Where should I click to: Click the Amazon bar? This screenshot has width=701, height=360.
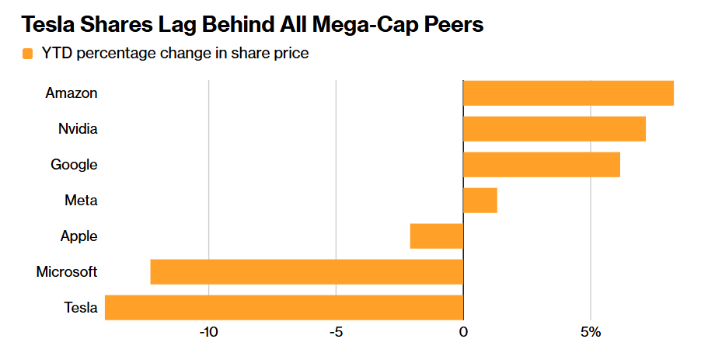(x=568, y=93)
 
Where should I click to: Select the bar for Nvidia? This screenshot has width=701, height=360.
(x=554, y=129)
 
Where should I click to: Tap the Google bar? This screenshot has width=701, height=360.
(x=542, y=165)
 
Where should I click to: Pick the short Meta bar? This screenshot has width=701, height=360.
(x=480, y=201)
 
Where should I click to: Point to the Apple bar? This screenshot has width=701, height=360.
(x=437, y=236)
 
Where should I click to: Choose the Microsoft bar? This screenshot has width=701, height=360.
(x=306, y=272)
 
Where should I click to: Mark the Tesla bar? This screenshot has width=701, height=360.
(x=284, y=308)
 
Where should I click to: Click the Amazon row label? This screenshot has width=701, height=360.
(x=71, y=93)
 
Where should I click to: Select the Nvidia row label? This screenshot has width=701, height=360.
(x=78, y=129)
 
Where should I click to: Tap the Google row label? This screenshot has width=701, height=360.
(x=74, y=165)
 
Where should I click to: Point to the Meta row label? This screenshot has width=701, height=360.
(x=81, y=201)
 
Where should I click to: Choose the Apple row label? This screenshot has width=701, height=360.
(x=78, y=236)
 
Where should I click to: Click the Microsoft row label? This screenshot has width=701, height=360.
(x=67, y=272)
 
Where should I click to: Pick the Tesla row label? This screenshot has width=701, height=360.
(x=81, y=308)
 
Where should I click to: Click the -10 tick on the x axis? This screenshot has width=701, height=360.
(x=208, y=333)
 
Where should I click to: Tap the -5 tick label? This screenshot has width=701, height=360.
(x=335, y=333)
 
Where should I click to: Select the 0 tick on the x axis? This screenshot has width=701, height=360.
(x=463, y=333)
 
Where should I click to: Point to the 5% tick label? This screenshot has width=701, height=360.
(x=591, y=333)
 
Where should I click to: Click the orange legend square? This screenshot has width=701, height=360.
(x=28, y=54)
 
